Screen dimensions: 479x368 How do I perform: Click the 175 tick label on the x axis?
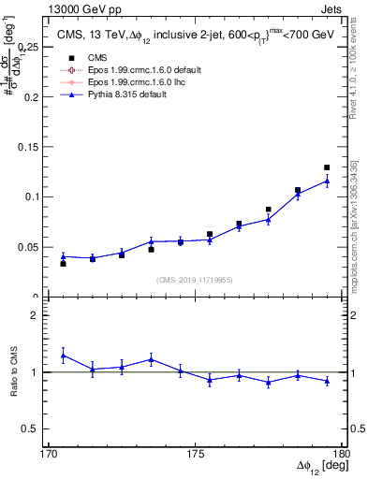click(196, 453)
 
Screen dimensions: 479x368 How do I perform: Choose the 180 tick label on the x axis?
click(341, 453)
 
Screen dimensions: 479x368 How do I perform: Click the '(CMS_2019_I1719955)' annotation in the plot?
click(195, 279)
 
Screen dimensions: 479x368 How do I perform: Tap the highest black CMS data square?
click(327, 167)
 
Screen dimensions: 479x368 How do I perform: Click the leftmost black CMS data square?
click(63, 264)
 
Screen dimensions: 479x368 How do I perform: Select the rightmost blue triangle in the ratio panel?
click(327, 381)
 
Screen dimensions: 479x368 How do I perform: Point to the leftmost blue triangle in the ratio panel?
click(63, 356)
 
